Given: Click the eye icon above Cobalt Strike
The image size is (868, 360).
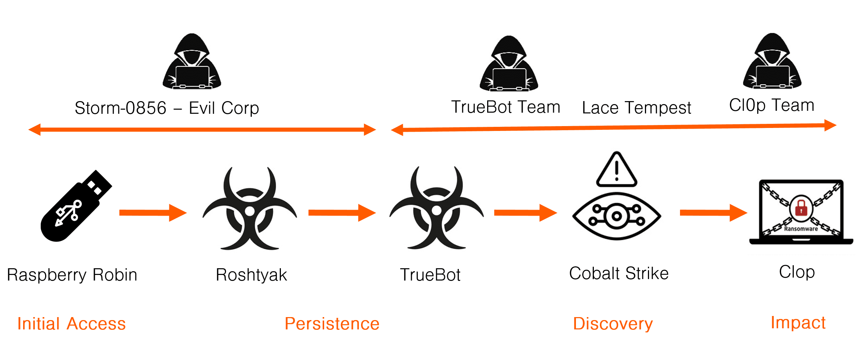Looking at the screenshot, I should [x=617, y=216].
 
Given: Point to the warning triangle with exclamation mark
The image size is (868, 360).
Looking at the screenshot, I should [x=617, y=170].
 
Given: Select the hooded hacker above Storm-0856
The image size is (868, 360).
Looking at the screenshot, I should [x=192, y=62].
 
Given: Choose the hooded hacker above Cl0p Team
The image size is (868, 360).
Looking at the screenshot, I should [x=772, y=62].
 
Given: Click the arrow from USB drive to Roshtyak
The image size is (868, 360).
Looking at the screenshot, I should [x=153, y=213].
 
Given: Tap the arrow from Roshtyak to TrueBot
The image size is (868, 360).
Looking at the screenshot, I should [x=342, y=213].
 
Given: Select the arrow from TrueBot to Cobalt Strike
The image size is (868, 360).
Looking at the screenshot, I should [x=525, y=213].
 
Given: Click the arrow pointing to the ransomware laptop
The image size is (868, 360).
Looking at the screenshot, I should [x=713, y=213].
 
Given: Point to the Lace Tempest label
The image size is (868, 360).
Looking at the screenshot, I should [x=636, y=108].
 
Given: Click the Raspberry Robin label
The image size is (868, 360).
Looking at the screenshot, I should [x=72, y=275].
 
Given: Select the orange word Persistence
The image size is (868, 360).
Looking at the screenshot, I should [x=332, y=323].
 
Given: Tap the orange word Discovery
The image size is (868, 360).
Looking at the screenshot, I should [x=613, y=323].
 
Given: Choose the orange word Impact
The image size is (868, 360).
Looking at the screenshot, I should [x=798, y=323].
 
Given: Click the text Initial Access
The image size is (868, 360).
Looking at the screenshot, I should [x=71, y=323].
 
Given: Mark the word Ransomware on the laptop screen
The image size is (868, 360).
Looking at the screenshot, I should [x=801, y=229].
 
